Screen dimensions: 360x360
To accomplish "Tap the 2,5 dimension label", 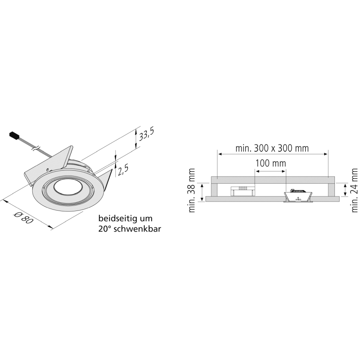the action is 123,170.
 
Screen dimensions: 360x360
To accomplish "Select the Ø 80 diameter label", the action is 24,218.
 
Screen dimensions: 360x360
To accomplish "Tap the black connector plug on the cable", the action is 14,135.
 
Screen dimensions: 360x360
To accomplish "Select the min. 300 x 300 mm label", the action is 272,148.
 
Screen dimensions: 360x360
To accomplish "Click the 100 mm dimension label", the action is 271,163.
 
